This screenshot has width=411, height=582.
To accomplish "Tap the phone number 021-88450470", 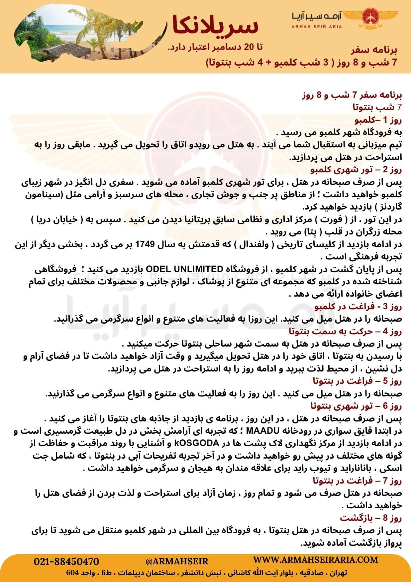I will coord(66,561).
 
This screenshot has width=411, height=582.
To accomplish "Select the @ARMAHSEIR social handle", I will coord(177,561).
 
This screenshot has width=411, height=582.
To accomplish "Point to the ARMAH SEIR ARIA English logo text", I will coord(317,27).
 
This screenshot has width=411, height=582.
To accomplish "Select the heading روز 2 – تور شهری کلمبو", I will coord(356,170).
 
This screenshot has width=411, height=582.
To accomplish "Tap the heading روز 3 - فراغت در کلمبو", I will coord(358,307).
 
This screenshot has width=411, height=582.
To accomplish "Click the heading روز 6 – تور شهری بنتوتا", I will coord(356,406).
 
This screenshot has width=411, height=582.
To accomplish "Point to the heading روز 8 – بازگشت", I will coord(371,518).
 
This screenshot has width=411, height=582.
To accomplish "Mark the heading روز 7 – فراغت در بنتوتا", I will coord(357,481).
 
